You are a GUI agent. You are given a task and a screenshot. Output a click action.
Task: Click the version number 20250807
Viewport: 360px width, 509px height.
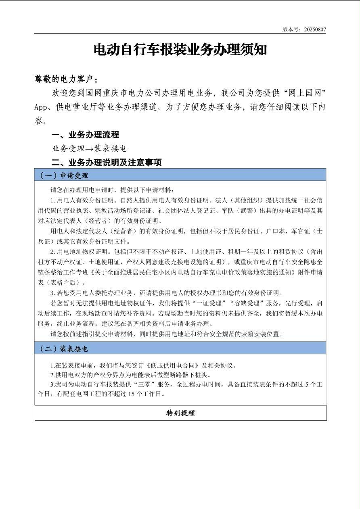tap(315, 29)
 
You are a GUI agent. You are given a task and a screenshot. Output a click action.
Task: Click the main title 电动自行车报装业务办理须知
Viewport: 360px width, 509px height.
tap(180, 50)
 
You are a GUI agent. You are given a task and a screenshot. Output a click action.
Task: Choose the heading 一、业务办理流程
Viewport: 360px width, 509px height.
tap(85, 135)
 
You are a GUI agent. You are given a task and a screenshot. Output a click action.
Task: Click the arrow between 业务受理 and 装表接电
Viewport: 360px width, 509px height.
tap(90, 149)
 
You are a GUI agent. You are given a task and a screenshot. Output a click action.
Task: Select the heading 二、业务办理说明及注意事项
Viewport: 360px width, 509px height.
tap(107, 163)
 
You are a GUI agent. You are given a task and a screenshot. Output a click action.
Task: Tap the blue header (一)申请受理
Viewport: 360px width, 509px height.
tap(63, 175)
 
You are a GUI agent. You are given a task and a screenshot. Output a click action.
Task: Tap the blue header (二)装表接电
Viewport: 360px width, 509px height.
tap(63, 348)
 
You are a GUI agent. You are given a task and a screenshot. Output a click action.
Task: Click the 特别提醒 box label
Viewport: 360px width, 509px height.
tap(180, 413)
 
